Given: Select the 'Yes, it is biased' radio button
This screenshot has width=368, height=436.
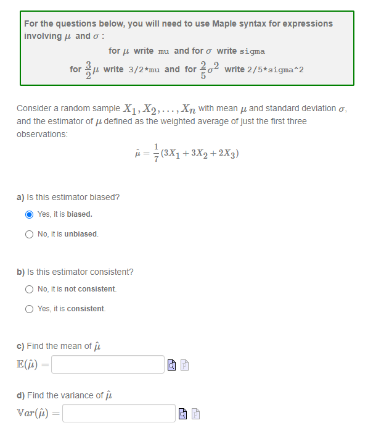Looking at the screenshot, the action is pos(29,214).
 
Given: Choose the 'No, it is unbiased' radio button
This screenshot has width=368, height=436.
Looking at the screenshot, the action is pos(29,234).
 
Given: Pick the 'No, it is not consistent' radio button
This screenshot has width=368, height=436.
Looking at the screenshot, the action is pos(29,289).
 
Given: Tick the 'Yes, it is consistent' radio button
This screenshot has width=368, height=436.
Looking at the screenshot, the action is pos(29,309).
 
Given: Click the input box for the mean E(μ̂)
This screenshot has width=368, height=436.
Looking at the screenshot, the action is pos(108,364).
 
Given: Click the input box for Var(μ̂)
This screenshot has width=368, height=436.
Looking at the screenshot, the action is pos(118,413).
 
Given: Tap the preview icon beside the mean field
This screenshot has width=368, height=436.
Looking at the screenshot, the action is pos(173,365).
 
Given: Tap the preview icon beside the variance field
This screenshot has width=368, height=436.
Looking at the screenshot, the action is pos(184,414).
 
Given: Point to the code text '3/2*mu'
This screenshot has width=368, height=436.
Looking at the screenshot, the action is pos(145,69).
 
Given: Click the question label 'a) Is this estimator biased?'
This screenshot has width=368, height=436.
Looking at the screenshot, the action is pos(68,197).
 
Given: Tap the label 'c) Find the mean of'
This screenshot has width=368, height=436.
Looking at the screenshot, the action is pos(54,346).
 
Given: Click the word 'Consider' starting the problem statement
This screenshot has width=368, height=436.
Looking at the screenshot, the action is pos(33,109).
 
